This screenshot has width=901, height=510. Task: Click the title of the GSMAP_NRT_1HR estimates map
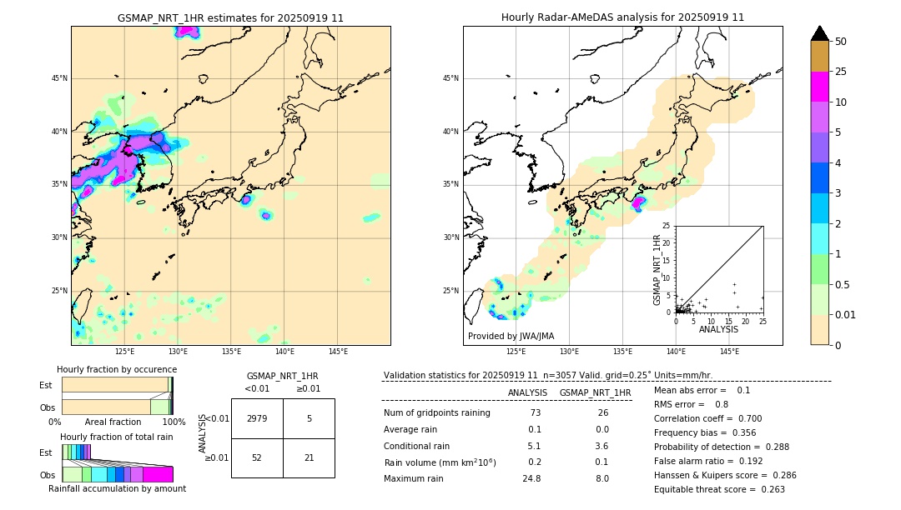[x=230, y=17]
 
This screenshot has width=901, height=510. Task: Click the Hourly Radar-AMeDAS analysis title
[x=622, y=17]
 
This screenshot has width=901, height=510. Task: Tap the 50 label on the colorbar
[x=841, y=42]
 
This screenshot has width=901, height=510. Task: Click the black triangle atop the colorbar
[x=820, y=33]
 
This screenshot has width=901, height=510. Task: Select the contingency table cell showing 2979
[x=257, y=418]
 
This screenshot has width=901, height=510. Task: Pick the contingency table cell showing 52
[x=257, y=457]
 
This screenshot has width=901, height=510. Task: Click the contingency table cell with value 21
[x=309, y=457]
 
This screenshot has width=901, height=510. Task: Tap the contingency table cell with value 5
[x=309, y=418]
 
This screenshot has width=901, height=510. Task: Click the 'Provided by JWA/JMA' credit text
[x=511, y=336]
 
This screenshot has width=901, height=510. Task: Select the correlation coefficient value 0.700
[x=741, y=418]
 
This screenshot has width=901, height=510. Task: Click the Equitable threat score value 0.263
[x=773, y=489]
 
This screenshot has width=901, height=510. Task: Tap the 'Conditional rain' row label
[x=417, y=446]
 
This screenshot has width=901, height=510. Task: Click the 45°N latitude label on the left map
[x=59, y=78]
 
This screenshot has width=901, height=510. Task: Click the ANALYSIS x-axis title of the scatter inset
[x=718, y=329]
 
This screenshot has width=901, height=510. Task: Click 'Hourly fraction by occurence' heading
[x=117, y=369]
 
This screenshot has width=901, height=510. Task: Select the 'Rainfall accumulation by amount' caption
[x=117, y=488]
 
